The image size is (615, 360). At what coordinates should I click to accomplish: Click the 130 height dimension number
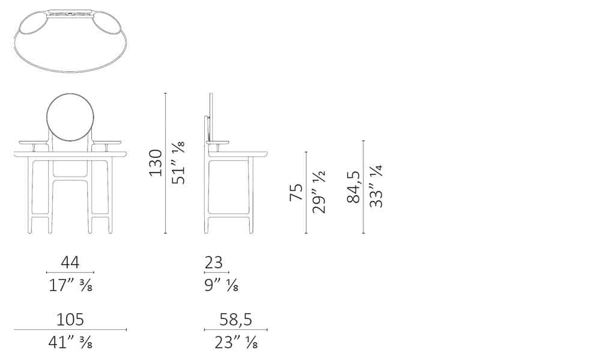[x=156, y=163]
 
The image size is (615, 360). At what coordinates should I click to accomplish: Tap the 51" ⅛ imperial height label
[x=178, y=163]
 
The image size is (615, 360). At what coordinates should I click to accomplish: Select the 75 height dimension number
[x=296, y=192]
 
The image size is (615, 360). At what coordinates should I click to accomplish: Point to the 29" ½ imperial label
[x=319, y=192]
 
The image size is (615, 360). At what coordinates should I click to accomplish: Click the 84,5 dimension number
[x=353, y=187]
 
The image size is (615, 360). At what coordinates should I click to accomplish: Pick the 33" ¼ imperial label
[x=376, y=186]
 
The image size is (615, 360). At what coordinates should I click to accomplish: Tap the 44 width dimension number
[x=70, y=262]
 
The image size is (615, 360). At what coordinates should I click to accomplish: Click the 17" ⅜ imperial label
[x=71, y=285]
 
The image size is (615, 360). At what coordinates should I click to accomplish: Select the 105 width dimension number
[x=70, y=320]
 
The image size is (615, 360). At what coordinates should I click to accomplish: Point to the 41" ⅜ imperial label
[x=71, y=343]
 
